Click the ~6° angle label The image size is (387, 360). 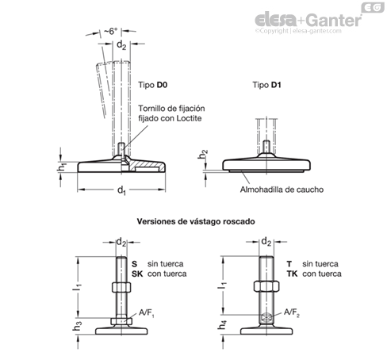[x=110, y=31]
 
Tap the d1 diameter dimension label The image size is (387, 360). [x=121, y=190]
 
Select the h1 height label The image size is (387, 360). [x=63, y=167]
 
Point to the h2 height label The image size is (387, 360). [x=203, y=155]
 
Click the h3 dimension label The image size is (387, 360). [x=77, y=326]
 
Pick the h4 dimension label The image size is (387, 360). [x=222, y=325]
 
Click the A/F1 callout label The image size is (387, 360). [x=147, y=313]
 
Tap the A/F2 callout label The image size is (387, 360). [x=292, y=313]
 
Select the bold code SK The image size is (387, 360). [x=137, y=274]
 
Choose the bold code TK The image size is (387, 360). [x=293, y=274]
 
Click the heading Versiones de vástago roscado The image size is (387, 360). [x=196, y=221]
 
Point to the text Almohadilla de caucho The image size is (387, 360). [x=282, y=190]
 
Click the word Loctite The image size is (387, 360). [x=189, y=118]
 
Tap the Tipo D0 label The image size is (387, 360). [x=153, y=85]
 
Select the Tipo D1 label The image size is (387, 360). [x=266, y=85]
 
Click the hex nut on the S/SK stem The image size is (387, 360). [x=121, y=287]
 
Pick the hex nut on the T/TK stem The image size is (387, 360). [x=266, y=287]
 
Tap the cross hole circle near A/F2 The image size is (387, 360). [x=266, y=316]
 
